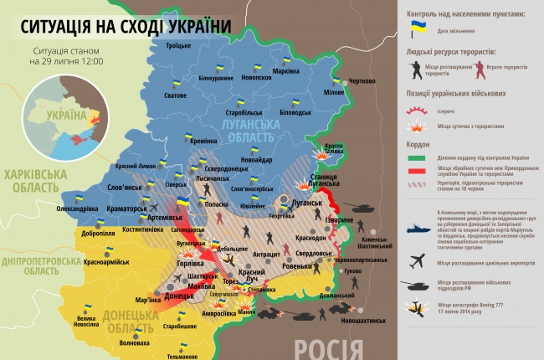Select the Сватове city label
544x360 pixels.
tap(175, 95)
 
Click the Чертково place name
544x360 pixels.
tap(362, 81)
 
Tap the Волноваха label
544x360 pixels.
tap(135, 342)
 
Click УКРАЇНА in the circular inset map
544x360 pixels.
tap(66, 114)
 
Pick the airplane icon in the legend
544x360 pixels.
tap(418, 260)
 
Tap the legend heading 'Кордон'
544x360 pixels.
tap(420, 142)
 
